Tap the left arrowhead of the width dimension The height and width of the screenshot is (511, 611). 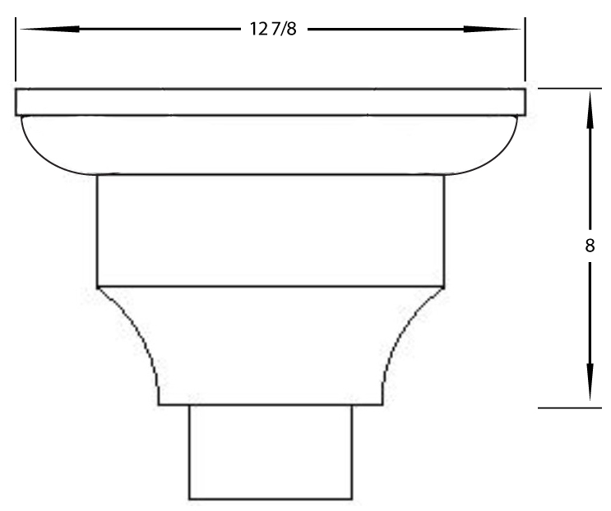33,30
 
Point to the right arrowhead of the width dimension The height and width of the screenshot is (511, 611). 506,30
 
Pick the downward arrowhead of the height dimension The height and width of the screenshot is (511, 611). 590,389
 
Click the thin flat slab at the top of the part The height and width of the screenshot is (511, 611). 270,101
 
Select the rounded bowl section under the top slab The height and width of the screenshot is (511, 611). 270,145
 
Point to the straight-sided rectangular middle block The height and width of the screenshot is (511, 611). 270,230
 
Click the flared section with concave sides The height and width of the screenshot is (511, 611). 270,345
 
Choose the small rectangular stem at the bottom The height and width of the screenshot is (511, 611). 271,452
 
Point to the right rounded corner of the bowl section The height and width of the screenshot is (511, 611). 502,156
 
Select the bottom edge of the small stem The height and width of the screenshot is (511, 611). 271,499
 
